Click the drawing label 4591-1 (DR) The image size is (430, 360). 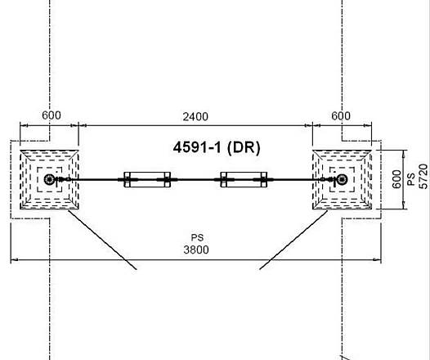[x=217, y=147]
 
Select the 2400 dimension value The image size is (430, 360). [x=195, y=117]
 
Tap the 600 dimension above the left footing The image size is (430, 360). [x=52, y=115]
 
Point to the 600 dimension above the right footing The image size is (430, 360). [x=341, y=116]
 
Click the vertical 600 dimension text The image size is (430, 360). [x=396, y=179]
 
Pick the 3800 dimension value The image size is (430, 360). [x=196, y=250]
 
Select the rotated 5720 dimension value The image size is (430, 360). [x=423, y=177]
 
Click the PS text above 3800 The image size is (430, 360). [x=197, y=237]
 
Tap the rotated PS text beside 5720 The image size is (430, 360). [x=411, y=179]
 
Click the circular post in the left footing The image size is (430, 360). [x=49, y=180]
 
